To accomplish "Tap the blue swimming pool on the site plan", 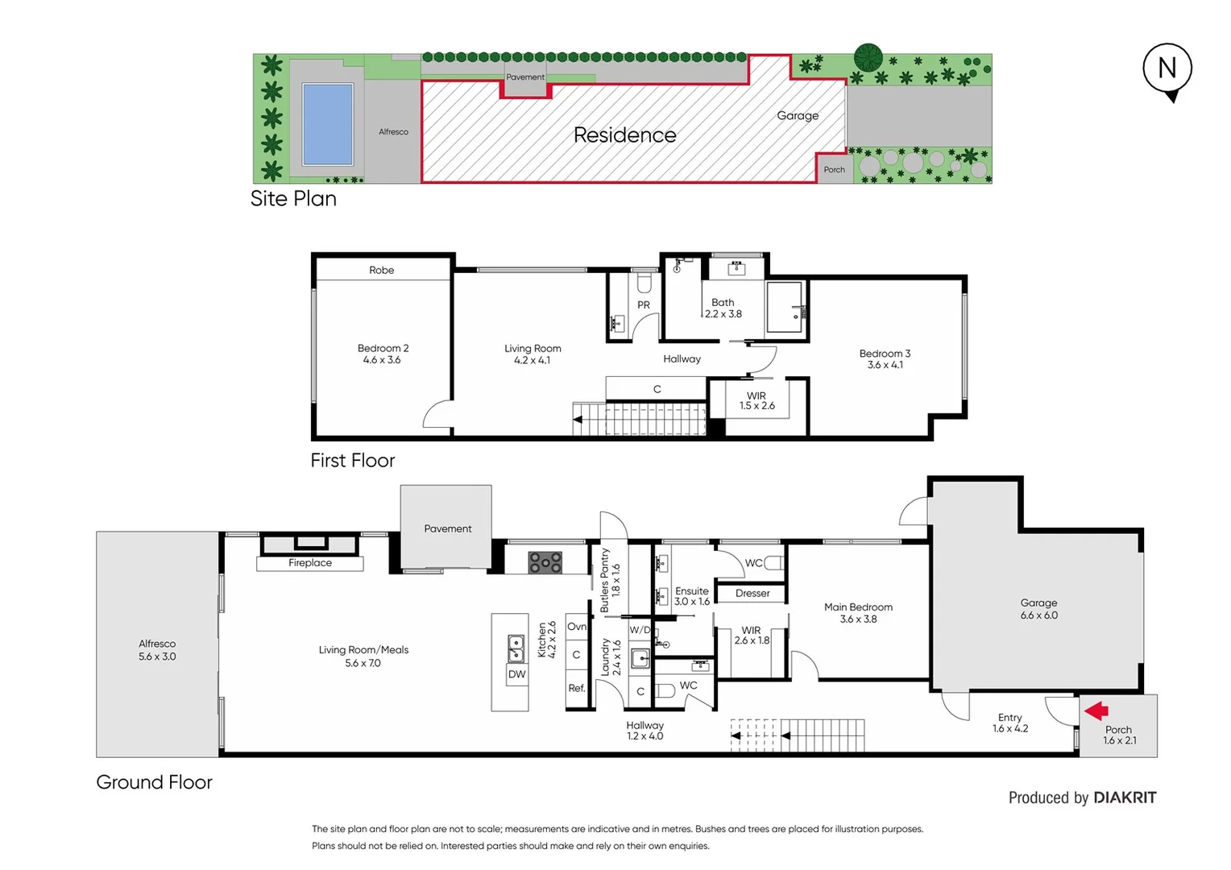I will coord(327,124).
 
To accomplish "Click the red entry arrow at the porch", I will coord(1096,710).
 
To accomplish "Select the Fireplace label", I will coord(310,563).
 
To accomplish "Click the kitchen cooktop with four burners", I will coord(545,562).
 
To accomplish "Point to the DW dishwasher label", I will coord(516,674).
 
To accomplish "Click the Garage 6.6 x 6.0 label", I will coord(1038,609).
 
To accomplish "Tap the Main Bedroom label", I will coord(858,612).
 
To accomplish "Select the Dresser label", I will coord(752,594).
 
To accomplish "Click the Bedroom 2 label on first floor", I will coord(383,354).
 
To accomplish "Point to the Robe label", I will coord(382,270).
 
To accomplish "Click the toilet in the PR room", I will coord(644,284).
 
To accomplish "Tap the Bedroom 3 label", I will coord(885,358).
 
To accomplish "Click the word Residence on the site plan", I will coord(624,135).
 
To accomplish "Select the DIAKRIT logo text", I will coord(1125,797).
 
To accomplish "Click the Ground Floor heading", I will coord(154,782).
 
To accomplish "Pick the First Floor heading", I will coord(352,461).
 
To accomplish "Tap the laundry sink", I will coord(640,658).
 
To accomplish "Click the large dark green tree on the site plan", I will coord(868,57).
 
